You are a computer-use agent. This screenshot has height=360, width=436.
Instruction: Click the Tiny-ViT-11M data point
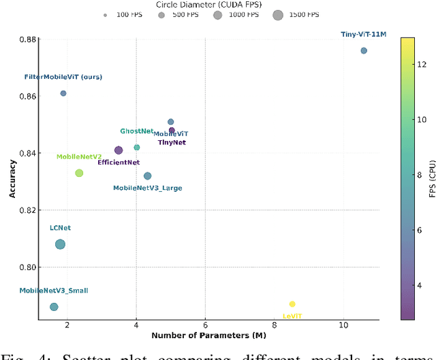[364, 50]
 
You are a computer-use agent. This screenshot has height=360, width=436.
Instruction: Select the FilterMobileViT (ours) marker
[63, 93]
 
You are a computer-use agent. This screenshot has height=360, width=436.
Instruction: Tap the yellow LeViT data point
[292, 304]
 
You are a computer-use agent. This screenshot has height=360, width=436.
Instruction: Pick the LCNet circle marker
[60, 244]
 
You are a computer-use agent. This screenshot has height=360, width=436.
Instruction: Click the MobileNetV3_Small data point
[54, 307]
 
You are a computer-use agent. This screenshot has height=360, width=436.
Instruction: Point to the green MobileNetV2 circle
[79, 173]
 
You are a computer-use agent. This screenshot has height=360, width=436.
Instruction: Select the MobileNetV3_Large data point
[148, 176]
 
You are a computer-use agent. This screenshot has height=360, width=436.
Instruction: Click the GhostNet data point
[137, 147]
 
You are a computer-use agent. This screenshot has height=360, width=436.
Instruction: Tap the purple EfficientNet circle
[119, 150]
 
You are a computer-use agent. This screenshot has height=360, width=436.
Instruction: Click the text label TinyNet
[172, 143]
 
